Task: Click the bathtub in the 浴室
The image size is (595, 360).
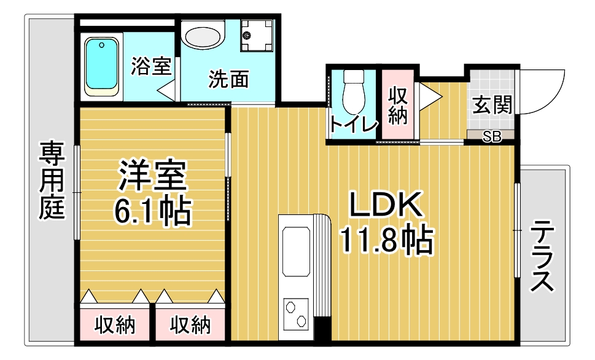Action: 101,66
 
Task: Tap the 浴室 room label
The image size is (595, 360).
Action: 151,66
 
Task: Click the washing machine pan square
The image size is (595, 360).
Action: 257,36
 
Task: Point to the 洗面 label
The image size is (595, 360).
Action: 228,79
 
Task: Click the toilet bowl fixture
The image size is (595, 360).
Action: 353,92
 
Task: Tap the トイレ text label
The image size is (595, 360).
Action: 354,124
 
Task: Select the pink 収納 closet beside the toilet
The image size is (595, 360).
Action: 398,105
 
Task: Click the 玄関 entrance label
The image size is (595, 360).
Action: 492,105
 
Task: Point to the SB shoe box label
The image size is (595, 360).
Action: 492,136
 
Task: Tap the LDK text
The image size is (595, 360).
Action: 386,205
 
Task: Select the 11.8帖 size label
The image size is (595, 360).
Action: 387,240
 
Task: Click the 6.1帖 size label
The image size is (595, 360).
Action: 152,212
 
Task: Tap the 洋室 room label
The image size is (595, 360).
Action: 153,175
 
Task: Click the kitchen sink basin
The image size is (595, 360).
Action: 296,252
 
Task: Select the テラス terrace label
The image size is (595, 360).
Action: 542,257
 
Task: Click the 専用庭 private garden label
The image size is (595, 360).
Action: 52,181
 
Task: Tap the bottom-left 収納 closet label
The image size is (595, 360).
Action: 115,325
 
